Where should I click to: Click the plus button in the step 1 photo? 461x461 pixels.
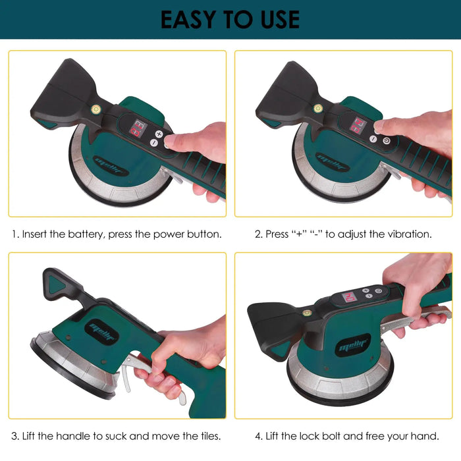[x=159, y=134]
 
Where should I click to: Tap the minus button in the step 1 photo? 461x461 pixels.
[x=153, y=143]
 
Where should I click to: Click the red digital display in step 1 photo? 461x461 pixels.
[x=138, y=128]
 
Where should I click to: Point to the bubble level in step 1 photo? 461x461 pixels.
[x=95, y=109]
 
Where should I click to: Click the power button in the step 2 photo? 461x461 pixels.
[x=387, y=141]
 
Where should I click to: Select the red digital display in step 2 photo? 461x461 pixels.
[x=358, y=126]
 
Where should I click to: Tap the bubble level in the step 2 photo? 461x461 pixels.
[x=318, y=109]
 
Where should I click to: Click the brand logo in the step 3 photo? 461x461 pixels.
[x=101, y=332]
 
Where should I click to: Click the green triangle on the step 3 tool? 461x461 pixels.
[x=56, y=285]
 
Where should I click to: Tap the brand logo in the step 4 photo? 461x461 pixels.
[x=353, y=345]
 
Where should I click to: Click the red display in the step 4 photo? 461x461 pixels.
[x=350, y=297]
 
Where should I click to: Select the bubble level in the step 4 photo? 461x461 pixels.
[x=306, y=313]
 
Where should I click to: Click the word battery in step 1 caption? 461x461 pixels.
[x=86, y=234]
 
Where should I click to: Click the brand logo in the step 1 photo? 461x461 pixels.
[x=111, y=166]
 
